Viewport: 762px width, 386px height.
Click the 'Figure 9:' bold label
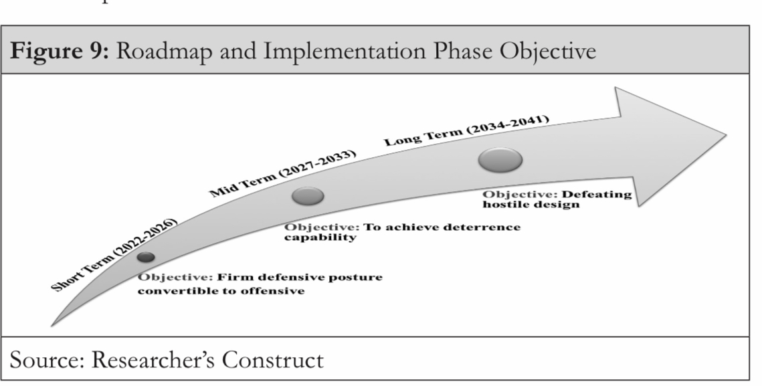(60, 51)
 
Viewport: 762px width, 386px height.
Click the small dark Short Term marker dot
(146, 257)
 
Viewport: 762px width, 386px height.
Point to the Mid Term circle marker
(308, 196)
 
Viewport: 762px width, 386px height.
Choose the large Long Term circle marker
(500, 160)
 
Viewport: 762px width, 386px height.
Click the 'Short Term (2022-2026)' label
(114, 255)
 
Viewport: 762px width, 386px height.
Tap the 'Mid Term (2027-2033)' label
(283, 173)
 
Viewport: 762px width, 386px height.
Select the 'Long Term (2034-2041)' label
(467, 130)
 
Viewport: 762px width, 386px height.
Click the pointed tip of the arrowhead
(726, 135)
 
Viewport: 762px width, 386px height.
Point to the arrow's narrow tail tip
(52, 324)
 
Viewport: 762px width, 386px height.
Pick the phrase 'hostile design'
(531, 205)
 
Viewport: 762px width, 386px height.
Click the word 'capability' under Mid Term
(320, 237)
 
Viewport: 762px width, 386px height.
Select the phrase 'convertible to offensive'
(221, 291)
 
